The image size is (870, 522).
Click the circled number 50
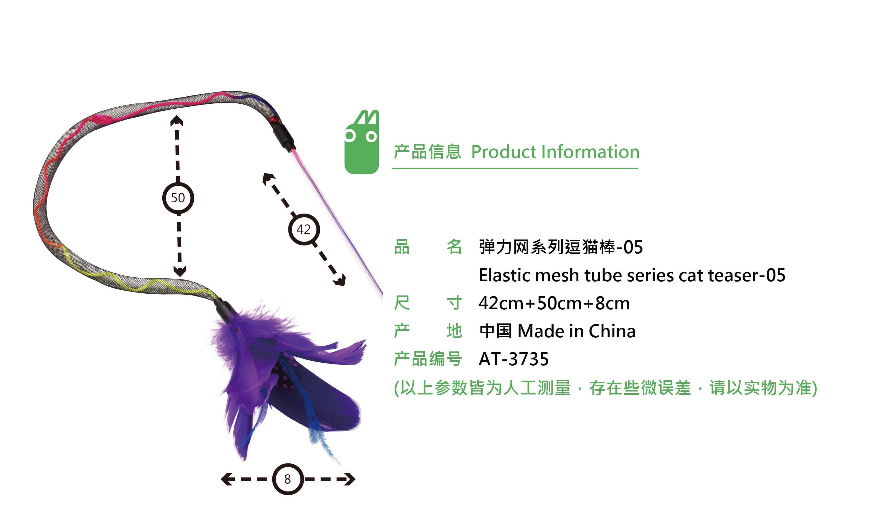tap(178, 198)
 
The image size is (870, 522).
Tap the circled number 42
tap(304, 229)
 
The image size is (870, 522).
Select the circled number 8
tap(288, 479)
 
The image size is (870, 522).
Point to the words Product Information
tap(555, 152)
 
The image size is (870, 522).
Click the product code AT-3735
tap(514, 359)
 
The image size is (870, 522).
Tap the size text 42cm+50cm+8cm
tap(554, 303)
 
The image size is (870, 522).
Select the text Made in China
tap(577, 331)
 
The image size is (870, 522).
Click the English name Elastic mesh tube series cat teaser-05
tap(632, 275)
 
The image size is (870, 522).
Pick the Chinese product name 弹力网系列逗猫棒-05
tap(561, 247)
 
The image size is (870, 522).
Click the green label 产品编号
tap(427, 359)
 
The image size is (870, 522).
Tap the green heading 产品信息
tap(427, 152)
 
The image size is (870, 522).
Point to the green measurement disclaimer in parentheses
tap(605, 388)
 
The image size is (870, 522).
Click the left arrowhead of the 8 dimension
tap(227, 479)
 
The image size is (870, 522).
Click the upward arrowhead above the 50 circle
tap(176, 121)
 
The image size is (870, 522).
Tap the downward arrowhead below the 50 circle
tap(180, 271)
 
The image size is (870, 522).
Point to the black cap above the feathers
tap(225, 308)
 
